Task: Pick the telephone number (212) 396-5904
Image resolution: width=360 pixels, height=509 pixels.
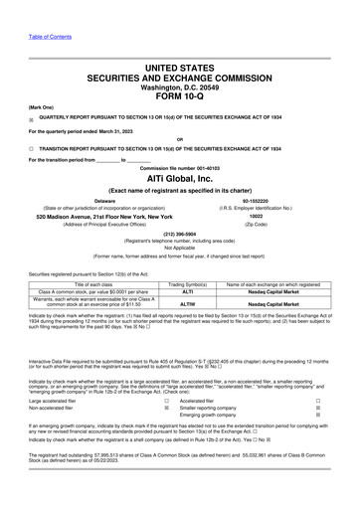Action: tap(179, 236)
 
